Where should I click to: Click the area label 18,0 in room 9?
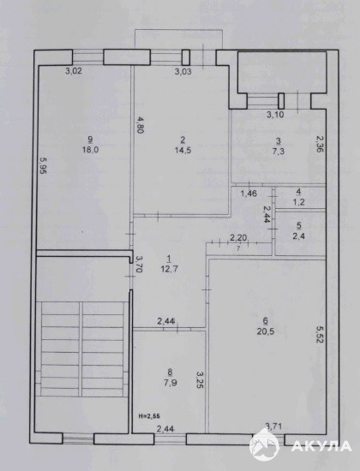pos(91,149)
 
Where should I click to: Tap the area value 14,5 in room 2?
pos(183,150)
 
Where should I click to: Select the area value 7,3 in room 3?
pos(279,151)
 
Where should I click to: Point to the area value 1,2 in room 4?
pos(298,202)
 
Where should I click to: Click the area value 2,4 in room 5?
pos(298,235)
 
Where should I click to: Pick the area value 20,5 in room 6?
pos(266,331)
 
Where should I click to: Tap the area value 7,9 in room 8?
pos(171,383)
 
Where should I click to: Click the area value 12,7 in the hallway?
pos(170,269)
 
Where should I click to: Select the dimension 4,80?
pos(140,125)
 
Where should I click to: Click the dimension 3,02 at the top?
pos(74,71)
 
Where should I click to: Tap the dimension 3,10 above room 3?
pos(275,115)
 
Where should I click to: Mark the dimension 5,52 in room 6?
pos(320,333)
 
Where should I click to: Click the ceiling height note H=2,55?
pos(149,416)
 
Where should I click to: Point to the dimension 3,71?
pos(273,426)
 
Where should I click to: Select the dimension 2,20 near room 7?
pos(238,238)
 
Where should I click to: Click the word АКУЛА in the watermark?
pos(321,446)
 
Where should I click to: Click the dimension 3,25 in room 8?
pos(200,379)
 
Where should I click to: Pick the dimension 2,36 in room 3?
pos(320,143)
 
